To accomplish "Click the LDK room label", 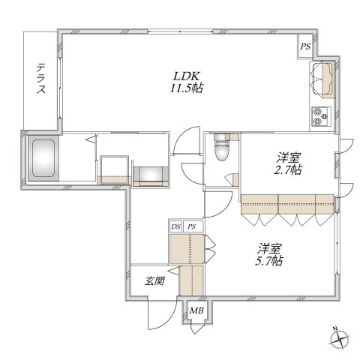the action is pyautogui.click(x=187, y=76).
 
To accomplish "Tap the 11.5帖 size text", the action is pyautogui.click(x=186, y=88).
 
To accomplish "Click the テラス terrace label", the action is pyautogui.click(x=41, y=78).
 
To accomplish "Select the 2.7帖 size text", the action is pyautogui.click(x=288, y=169).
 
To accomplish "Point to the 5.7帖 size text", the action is pyautogui.click(x=269, y=261).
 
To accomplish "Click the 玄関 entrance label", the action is pyautogui.click(x=155, y=281).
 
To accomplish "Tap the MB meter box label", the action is pyautogui.click(x=196, y=310).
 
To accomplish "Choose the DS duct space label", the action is pyautogui.click(x=175, y=226).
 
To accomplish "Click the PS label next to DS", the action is pyautogui.click(x=192, y=226).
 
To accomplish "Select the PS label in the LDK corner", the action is pyautogui.click(x=305, y=46).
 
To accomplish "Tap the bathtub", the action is pyautogui.click(x=43, y=158).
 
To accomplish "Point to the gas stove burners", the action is pyautogui.click(x=321, y=116).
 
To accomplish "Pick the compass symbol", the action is pyautogui.click(x=339, y=339).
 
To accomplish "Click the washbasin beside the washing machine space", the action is pyautogui.click(x=151, y=176).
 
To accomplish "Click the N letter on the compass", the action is pyautogui.click(x=335, y=328).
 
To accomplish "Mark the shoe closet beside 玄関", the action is pyautogui.click(x=192, y=280).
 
